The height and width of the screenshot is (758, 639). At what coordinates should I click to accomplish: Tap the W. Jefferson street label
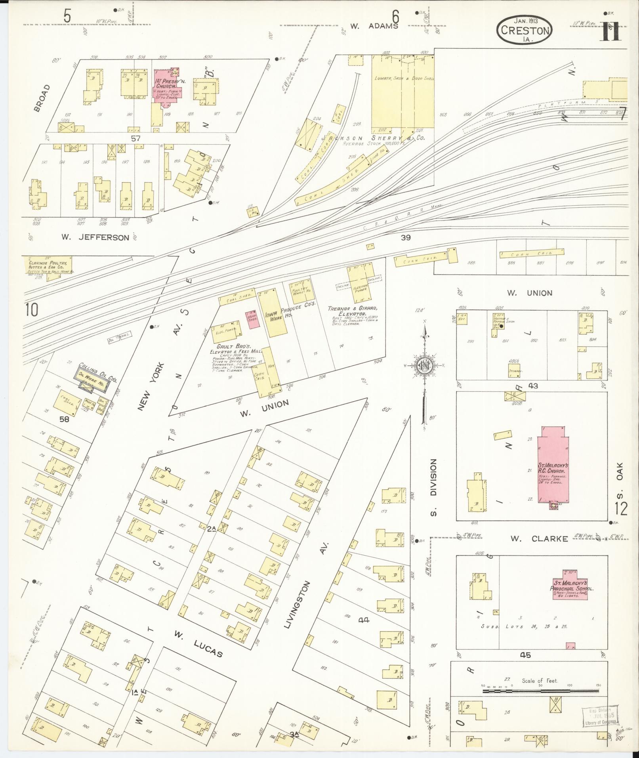(x=95, y=237)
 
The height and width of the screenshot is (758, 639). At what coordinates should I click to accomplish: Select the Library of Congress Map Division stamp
(x=601, y=717)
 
